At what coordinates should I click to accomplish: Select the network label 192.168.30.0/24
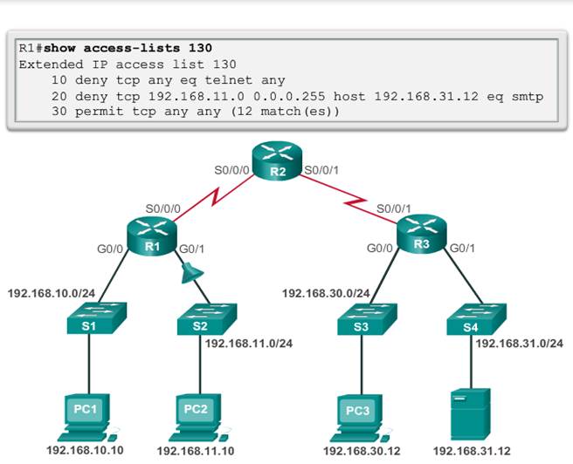(x=326, y=293)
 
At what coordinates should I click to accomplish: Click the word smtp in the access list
(x=529, y=96)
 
